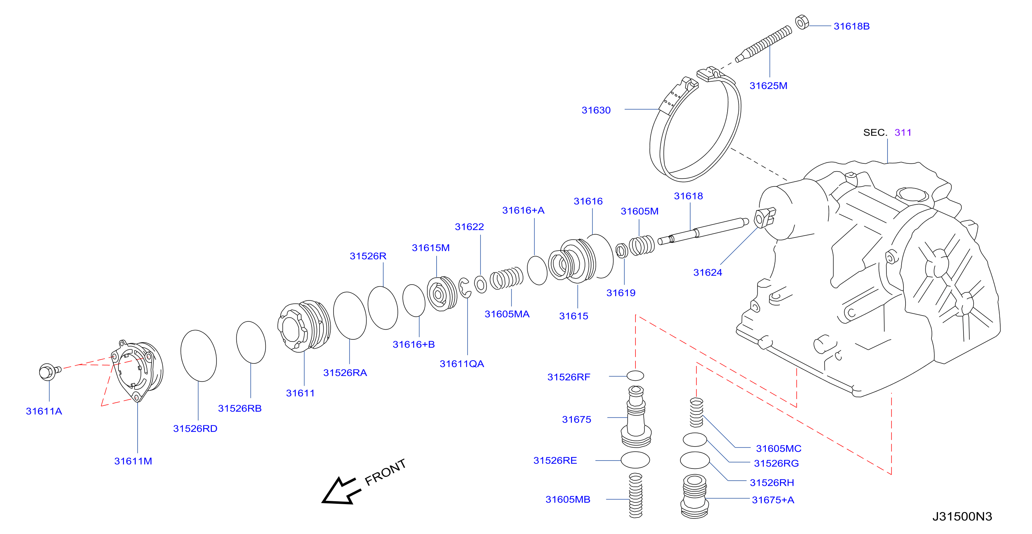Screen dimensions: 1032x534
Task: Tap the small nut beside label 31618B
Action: point(801,22)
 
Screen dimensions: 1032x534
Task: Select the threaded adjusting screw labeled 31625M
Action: point(764,44)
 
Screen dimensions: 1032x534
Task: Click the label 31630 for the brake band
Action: point(596,110)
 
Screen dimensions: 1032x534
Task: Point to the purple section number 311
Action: point(903,132)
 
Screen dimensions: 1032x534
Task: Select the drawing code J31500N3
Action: point(962,516)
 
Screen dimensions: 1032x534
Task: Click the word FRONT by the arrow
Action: point(385,472)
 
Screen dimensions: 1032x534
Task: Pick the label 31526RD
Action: point(195,429)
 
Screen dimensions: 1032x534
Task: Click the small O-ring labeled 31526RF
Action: point(635,375)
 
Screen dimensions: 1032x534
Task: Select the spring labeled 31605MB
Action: point(635,495)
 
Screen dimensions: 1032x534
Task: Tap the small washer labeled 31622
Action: point(481,284)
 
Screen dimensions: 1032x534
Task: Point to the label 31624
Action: point(707,273)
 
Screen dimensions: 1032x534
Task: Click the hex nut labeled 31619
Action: point(621,250)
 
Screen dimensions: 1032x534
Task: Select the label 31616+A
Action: point(523,211)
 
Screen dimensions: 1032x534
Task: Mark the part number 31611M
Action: point(133,461)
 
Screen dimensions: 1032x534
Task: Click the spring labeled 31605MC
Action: point(696,412)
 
